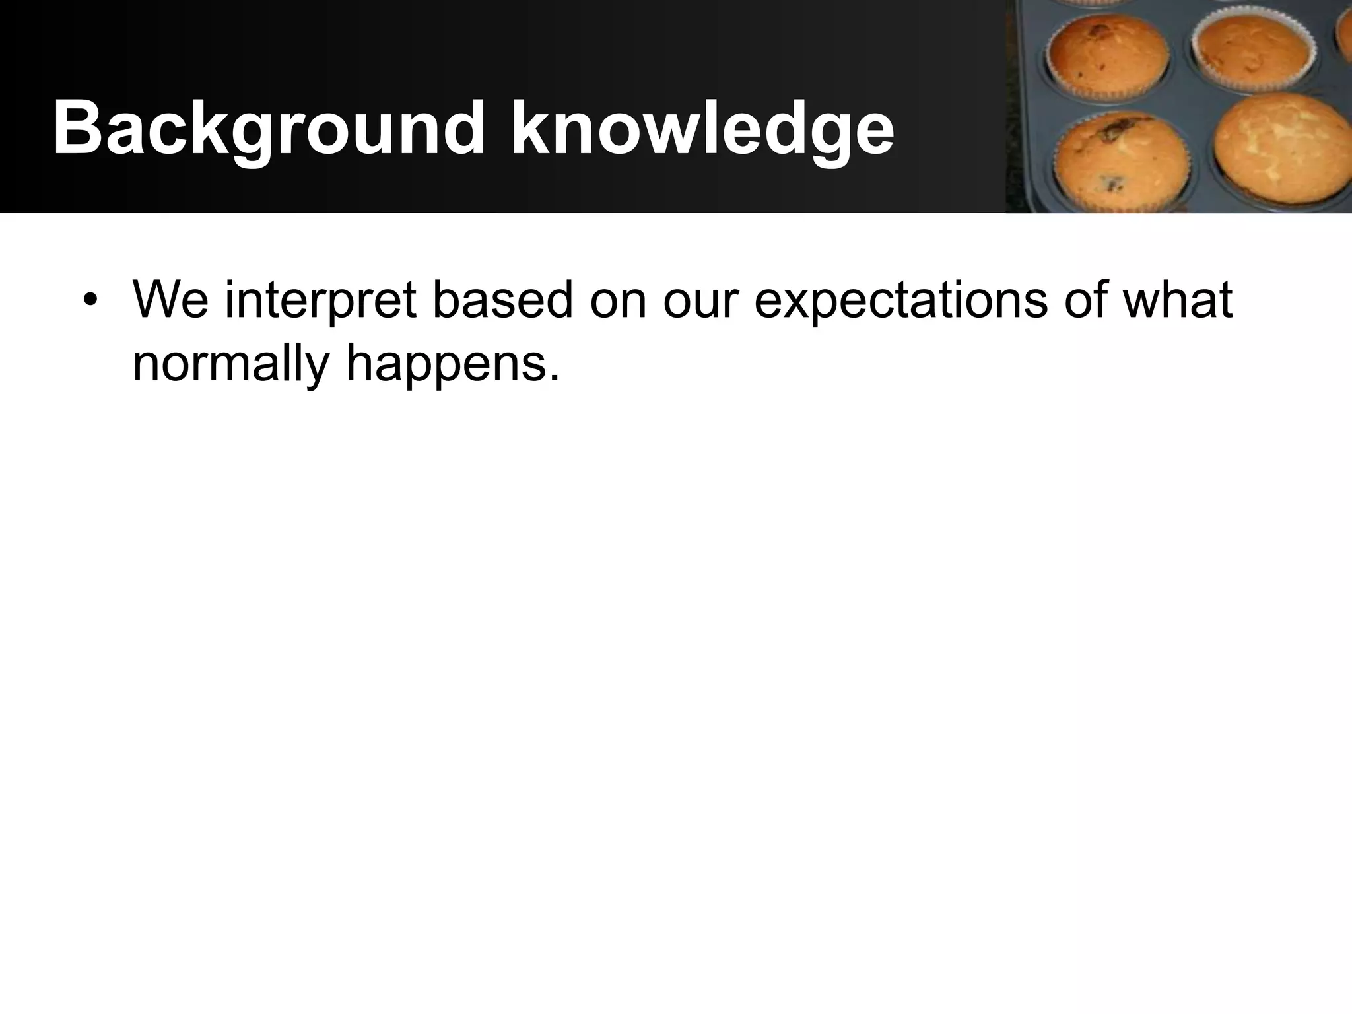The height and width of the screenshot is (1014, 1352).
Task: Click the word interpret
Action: click(x=321, y=300)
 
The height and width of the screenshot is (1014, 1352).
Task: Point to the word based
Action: click(x=502, y=300)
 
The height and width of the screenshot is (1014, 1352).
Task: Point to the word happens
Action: click(x=445, y=365)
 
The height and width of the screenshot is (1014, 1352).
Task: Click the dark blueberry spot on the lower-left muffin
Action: click(x=1114, y=185)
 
